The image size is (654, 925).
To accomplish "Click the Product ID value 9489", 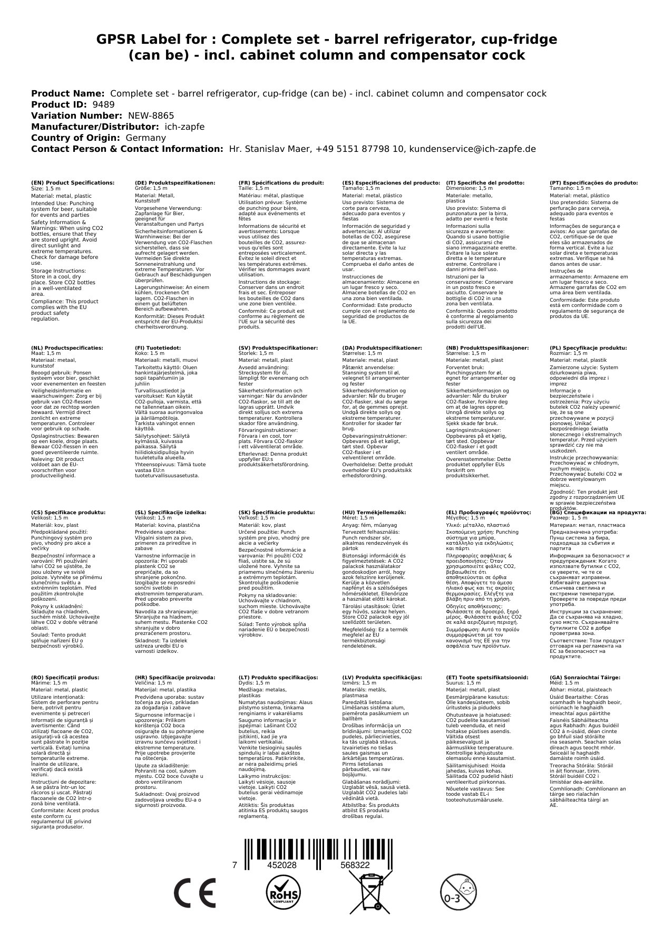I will point(103,104).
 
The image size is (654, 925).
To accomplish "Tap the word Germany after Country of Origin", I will point(145,138).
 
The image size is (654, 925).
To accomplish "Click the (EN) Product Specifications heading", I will point(73,182).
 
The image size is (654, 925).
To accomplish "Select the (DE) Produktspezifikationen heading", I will point(175,182).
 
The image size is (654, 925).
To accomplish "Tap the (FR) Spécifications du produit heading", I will point(281,182).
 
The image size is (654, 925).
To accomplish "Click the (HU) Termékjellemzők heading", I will point(376,512).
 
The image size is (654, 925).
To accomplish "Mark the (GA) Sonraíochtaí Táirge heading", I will point(578,677).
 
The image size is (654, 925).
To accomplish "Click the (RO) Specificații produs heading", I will point(65,677).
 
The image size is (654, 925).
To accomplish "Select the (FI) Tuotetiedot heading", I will point(158,348).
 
